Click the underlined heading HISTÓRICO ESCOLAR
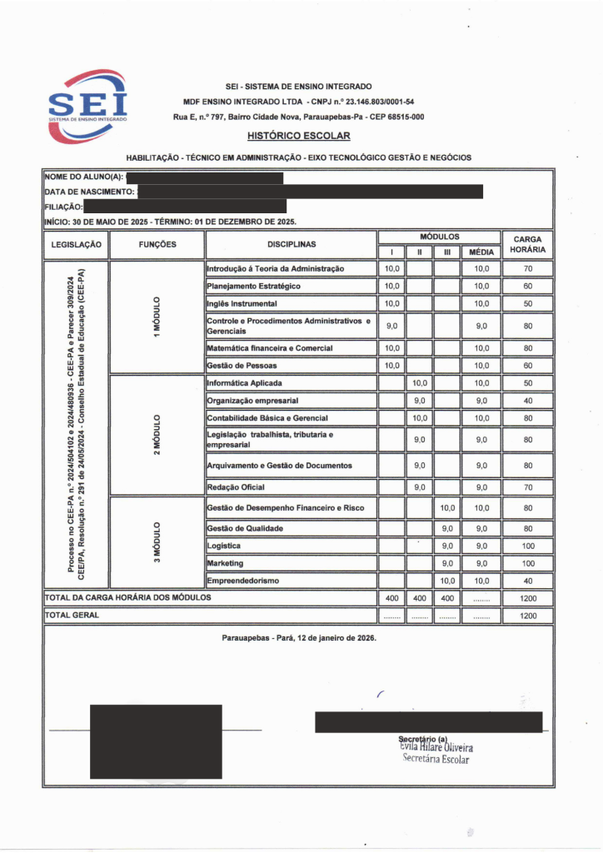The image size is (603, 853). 299,135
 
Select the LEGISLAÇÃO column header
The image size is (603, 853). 76,244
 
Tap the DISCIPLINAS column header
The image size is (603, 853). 292,244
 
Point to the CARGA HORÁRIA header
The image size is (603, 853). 528,244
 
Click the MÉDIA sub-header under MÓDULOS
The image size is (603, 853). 481,252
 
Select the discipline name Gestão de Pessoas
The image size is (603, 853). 242,366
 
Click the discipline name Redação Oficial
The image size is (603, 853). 236,486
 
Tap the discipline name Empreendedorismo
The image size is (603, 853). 243,580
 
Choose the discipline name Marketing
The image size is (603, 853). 225,564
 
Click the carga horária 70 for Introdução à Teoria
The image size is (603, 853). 528,269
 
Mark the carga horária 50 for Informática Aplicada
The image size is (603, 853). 528,383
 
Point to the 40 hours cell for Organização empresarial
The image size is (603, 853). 528,401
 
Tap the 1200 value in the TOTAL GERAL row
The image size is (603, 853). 528,616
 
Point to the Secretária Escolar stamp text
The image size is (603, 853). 436,759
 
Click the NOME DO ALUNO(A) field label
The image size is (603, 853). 84,177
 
